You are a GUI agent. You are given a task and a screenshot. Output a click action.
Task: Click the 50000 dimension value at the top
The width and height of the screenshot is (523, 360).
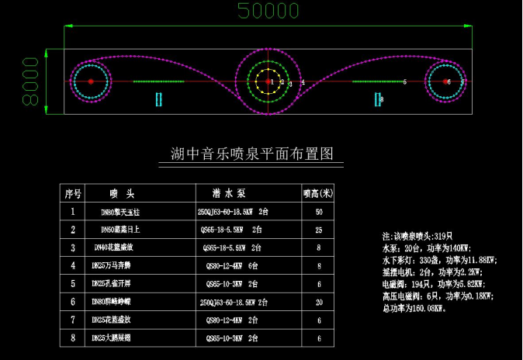pyautogui.click(x=268, y=10)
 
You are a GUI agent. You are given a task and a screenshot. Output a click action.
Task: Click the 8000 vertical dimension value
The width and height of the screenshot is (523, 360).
pyautogui.click(x=30, y=81)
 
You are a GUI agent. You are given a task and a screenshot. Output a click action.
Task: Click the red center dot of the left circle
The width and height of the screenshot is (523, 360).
pyautogui.click(x=91, y=81)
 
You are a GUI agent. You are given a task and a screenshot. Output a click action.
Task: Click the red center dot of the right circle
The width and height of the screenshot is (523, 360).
pyautogui.click(x=446, y=81)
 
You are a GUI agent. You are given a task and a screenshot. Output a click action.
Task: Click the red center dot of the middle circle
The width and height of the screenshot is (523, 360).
pyautogui.click(x=268, y=81)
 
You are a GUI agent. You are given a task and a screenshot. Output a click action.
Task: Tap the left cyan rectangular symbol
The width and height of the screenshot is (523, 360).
pyautogui.click(x=158, y=99)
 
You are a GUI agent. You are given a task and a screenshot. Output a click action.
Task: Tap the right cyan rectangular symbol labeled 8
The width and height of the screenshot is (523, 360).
pyautogui.click(x=378, y=99)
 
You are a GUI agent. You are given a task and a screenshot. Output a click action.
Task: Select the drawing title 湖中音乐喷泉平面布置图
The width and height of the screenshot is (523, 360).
pyautogui.click(x=251, y=153)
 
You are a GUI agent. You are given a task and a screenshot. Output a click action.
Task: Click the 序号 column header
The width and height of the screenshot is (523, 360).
pyautogui.click(x=72, y=193)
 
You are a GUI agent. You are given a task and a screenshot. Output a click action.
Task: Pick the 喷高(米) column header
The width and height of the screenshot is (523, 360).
pyautogui.click(x=318, y=193)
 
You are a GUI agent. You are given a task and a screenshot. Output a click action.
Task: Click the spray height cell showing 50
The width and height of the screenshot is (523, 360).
pyautogui.click(x=318, y=211)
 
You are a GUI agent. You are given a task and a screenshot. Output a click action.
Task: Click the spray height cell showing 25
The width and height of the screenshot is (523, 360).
pyautogui.click(x=318, y=230)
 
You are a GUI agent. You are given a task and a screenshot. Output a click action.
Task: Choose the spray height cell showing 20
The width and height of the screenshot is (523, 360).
pyautogui.click(x=318, y=302)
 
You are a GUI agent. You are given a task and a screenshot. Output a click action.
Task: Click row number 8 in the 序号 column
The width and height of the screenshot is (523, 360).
pyautogui.click(x=72, y=338)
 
